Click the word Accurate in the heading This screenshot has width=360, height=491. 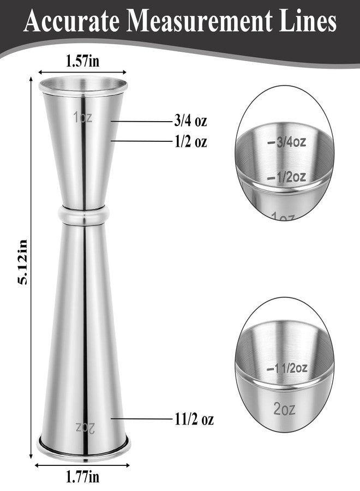point(71,21)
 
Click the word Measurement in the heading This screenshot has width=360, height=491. point(200,21)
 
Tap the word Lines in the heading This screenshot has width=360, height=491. point(308,21)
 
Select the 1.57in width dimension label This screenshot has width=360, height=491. point(82,61)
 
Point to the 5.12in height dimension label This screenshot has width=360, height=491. point(22,261)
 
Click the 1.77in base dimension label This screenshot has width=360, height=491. point(82,477)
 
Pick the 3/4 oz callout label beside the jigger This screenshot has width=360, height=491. point(191,121)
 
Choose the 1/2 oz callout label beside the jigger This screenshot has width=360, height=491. point(191,141)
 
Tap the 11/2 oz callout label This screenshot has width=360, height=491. point(194,419)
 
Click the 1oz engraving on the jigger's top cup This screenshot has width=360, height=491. point(83,117)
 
